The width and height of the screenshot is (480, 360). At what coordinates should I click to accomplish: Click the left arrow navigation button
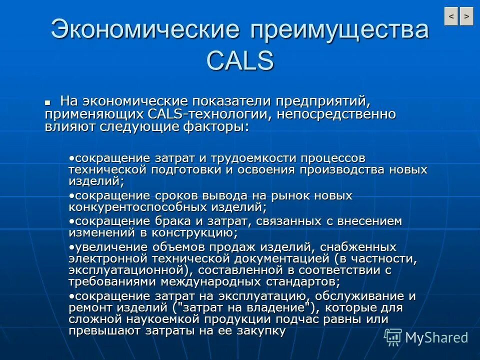click(451, 16)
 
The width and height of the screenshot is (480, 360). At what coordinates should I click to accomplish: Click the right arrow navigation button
click(466, 16)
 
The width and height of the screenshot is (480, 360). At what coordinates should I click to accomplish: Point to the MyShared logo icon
click(392, 337)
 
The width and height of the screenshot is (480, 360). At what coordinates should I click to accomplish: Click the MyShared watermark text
click(436, 337)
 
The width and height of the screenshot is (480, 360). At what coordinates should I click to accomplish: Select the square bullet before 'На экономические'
click(48, 101)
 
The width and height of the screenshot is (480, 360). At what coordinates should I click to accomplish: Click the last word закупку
click(258, 330)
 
